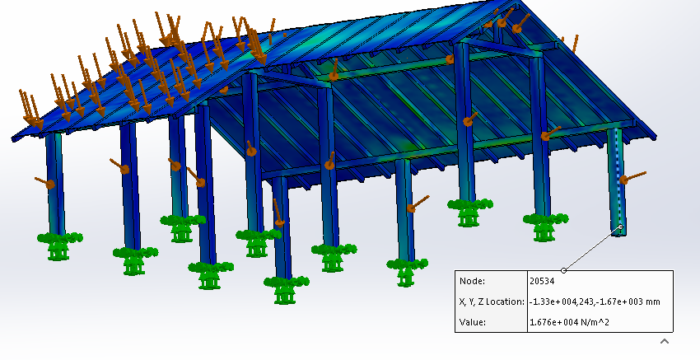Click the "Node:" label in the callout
pyautogui.click(x=473, y=282)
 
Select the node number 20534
pyautogui.click(x=542, y=282)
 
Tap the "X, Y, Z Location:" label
pyautogui.click(x=492, y=302)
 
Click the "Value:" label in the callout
pyautogui.click(x=473, y=322)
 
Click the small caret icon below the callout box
pyautogui.click(x=665, y=341)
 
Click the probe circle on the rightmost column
pyautogui.click(x=621, y=227)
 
